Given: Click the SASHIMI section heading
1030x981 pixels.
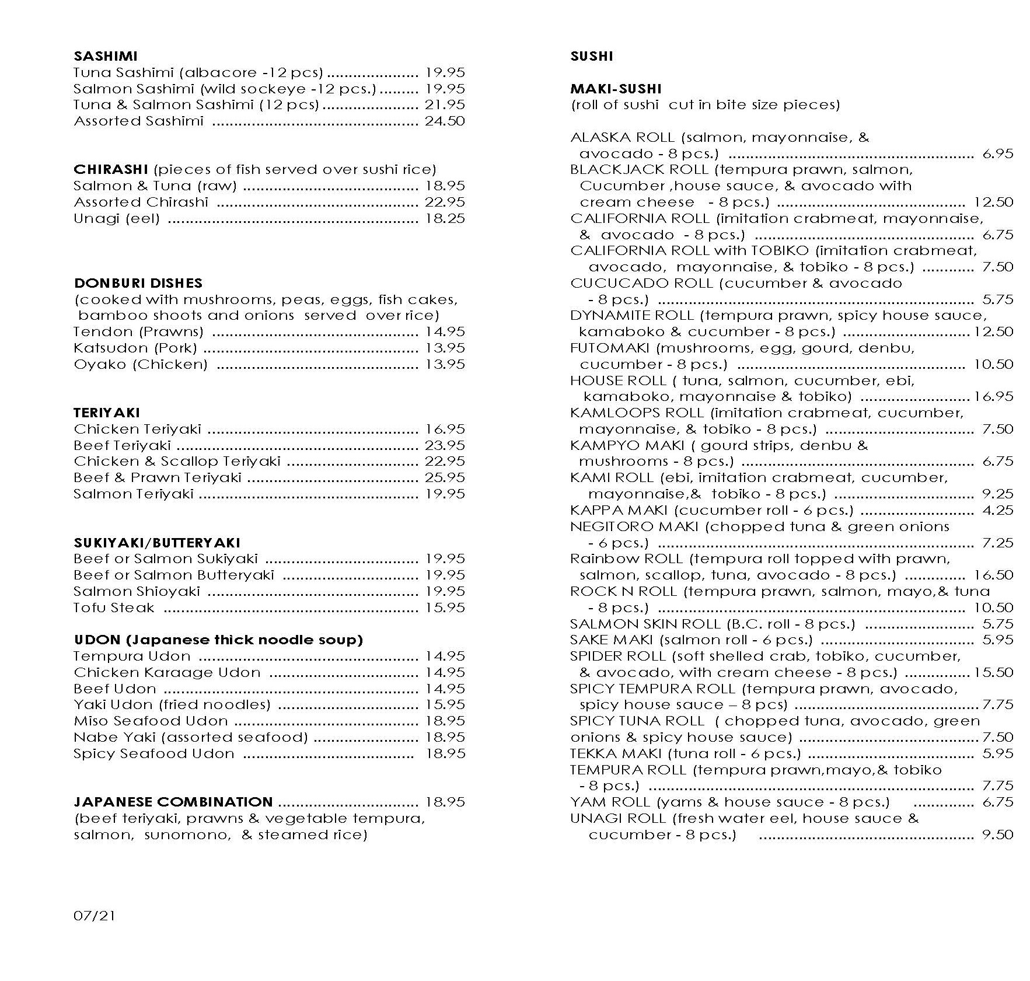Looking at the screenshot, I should tap(106, 56).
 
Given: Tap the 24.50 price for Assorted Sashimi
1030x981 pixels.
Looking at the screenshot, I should tap(445, 121).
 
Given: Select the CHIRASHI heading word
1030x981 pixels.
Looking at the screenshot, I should tap(111, 170).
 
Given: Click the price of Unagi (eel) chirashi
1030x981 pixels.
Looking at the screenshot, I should tap(445, 219).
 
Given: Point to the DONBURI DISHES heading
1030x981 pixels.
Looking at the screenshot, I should tap(138, 283).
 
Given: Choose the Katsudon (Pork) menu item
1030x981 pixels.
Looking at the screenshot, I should tap(135, 348).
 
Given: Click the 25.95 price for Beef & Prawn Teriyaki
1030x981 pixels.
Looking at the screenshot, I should tap(445, 478).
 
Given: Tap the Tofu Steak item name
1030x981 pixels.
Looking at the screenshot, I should tap(114, 608).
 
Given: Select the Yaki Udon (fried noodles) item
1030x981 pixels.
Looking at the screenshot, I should tap(172, 705).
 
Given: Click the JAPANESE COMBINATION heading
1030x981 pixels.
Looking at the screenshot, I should tap(173, 802).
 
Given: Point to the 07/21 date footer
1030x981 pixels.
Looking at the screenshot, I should tap(95, 916).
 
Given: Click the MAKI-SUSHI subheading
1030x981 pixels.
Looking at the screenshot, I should tap(616, 89).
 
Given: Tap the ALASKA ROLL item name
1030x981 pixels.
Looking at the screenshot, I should tap(622, 138).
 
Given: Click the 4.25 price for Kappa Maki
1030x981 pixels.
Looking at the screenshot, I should tap(997, 510).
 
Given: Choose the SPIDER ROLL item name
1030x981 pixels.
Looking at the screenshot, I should tap(617, 656).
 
